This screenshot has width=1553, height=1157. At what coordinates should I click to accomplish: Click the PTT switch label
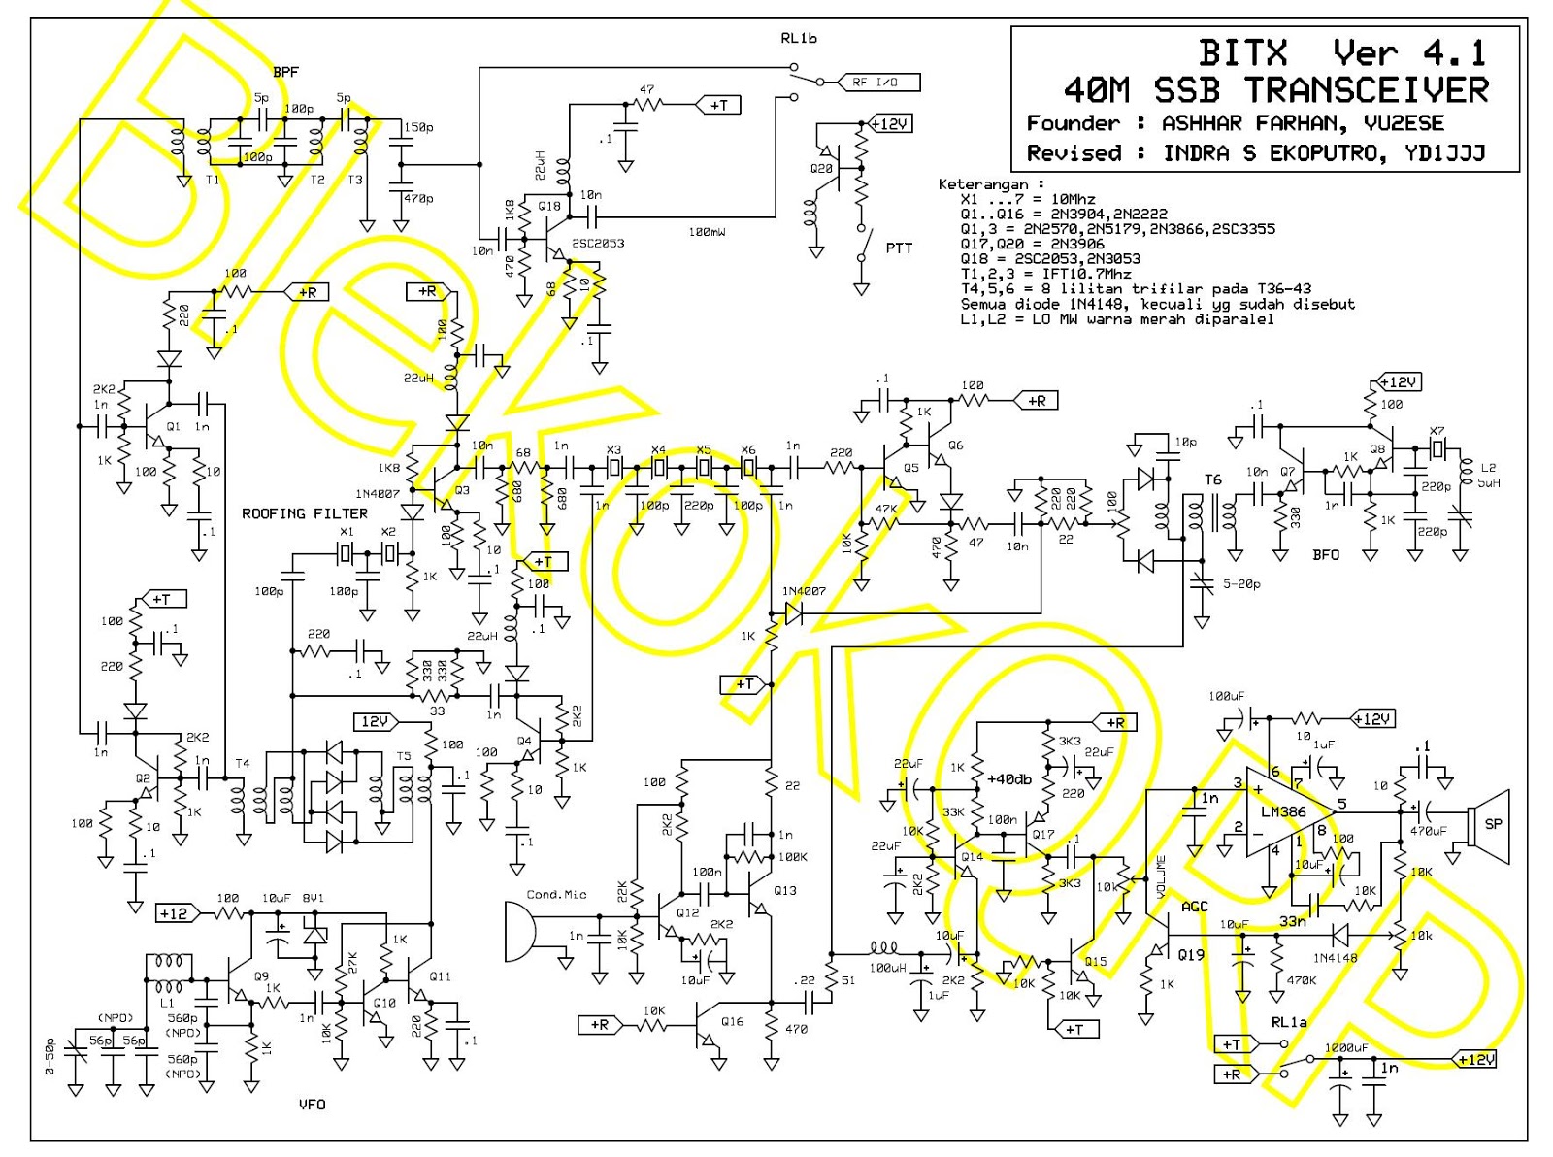(x=899, y=248)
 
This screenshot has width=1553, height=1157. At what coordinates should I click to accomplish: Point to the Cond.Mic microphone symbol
(x=519, y=932)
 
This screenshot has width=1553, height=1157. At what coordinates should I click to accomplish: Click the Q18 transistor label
(x=549, y=206)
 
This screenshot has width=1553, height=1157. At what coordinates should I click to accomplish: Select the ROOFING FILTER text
(x=305, y=513)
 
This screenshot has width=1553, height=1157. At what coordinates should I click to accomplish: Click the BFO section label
(x=1325, y=555)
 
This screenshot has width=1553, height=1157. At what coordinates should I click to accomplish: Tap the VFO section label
(x=313, y=1105)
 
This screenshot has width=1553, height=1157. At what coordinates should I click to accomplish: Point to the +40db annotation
(x=1009, y=778)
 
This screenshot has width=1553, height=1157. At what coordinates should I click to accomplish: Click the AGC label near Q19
(x=1195, y=907)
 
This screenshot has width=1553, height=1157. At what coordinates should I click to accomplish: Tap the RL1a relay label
(x=1289, y=1022)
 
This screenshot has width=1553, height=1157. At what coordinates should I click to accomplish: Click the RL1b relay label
(x=799, y=38)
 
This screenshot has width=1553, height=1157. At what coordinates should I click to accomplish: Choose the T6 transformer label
(x=1212, y=479)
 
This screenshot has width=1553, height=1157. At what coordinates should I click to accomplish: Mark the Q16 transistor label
(x=732, y=1021)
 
